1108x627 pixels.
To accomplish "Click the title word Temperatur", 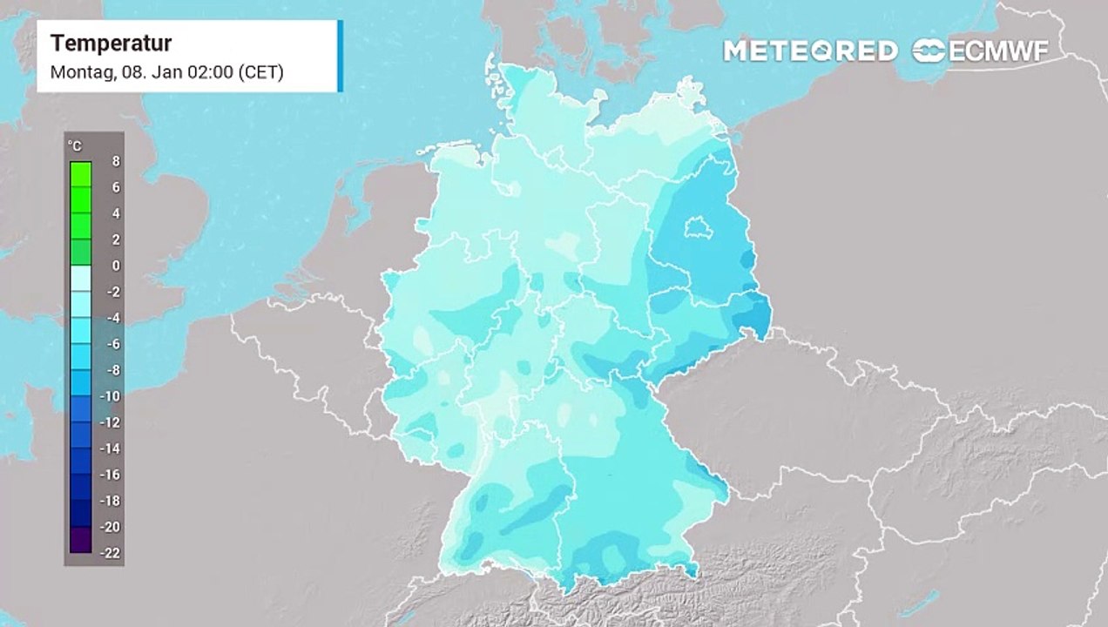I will pos(111,43).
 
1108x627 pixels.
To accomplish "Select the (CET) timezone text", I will pos(260,72).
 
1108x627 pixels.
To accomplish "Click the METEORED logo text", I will pos(810,51).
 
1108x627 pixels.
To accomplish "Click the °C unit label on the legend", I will pos(75,146).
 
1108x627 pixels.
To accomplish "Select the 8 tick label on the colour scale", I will pos(116,161).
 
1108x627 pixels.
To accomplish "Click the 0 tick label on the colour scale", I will pos(116,266).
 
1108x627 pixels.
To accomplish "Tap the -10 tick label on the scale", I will pos(111,396).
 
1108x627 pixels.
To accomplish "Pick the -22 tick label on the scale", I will pos(111,553).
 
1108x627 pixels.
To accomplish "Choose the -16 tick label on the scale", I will pos(111,475).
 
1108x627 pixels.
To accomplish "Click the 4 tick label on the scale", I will pos(116,213).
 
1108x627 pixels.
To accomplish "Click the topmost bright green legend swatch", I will pos(80,174).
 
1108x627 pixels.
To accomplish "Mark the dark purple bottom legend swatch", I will pos(80,540).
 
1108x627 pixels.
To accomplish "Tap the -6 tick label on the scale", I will pos(113,344).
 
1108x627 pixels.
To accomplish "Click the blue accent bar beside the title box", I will pos(340,56).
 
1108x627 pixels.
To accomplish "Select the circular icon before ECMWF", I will pos(929,51).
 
